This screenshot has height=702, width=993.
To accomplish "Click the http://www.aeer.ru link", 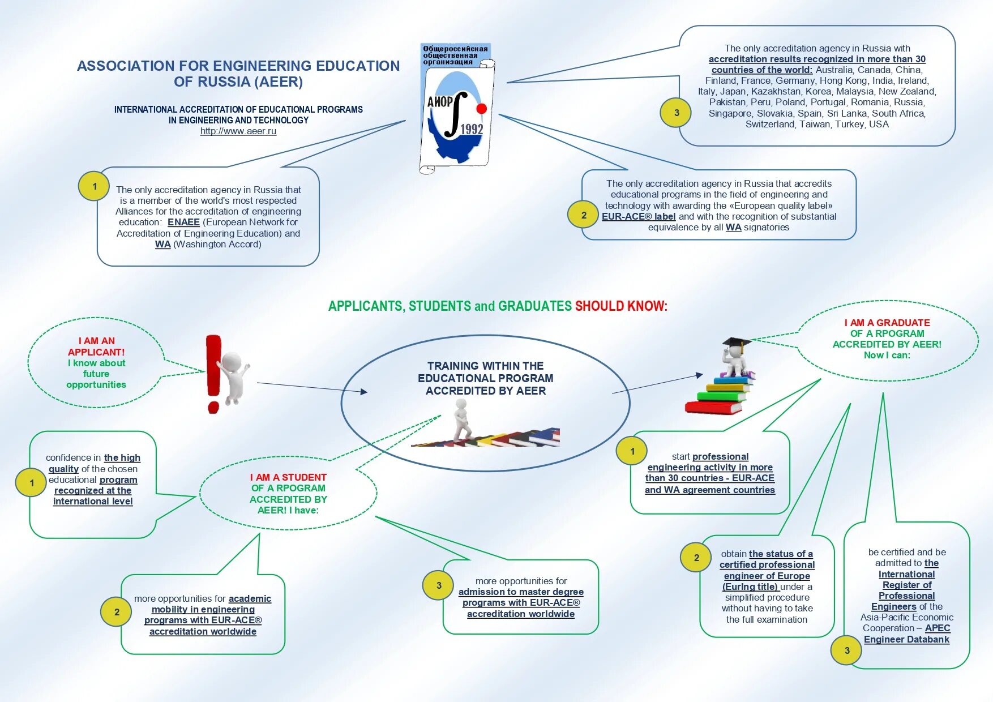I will [238, 131].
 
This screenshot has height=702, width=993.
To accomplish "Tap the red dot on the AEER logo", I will [482, 109].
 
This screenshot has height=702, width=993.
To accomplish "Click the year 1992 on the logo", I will [472, 130].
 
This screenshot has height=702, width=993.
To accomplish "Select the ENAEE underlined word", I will [183, 222].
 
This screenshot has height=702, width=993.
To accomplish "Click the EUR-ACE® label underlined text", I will [639, 217].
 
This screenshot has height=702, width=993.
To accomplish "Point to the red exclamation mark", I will [213, 373].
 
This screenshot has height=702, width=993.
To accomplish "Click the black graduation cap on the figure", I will [735, 343].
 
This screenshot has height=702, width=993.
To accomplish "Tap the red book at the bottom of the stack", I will [713, 407].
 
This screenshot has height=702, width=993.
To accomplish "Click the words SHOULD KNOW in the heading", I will [621, 306].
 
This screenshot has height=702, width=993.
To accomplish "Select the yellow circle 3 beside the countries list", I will [677, 113].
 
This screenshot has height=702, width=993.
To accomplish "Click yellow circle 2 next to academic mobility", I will [117, 612].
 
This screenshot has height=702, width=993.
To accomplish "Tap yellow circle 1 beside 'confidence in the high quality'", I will [32, 483].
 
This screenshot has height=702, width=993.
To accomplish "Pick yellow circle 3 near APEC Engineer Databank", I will [847, 650].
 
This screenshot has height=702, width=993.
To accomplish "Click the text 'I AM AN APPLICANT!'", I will [96, 346].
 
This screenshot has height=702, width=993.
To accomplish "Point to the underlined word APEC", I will [938, 628].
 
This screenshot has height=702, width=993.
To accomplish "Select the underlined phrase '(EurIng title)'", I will [750, 587].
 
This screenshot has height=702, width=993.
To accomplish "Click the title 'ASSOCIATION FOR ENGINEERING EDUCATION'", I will [238, 66].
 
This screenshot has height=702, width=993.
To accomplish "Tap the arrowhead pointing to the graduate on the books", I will [699, 375].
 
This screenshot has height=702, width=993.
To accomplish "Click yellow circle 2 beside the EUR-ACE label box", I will [584, 215].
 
